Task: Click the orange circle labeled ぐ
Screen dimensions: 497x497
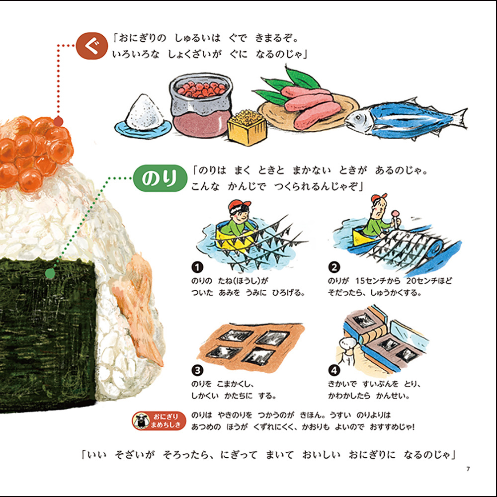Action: pyautogui.click(x=91, y=46)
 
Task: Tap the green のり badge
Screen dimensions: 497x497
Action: pyautogui.click(x=160, y=178)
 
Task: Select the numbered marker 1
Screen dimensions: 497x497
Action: pyautogui.click(x=197, y=267)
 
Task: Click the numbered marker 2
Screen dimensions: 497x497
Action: pyautogui.click(x=334, y=267)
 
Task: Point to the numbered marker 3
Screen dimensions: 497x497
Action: pyautogui.click(x=197, y=370)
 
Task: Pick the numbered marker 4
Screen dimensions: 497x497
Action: pyautogui.click(x=334, y=370)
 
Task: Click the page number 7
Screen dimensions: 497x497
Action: pyautogui.click(x=468, y=469)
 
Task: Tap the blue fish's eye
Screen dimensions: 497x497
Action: pyautogui.click(x=358, y=118)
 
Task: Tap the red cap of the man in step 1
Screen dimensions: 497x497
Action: pyautogui.click(x=239, y=204)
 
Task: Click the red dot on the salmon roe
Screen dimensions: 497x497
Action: pyautogui.click(x=58, y=121)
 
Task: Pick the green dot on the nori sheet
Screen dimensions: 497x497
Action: pyautogui.click(x=50, y=273)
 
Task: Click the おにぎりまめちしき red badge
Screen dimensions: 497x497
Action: pyautogui.click(x=159, y=420)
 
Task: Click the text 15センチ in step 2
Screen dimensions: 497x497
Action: pyautogui.click(x=376, y=281)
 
